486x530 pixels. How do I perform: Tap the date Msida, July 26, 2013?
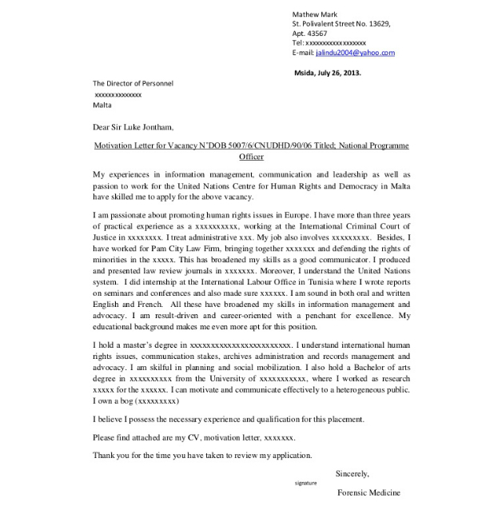click(x=329, y=73)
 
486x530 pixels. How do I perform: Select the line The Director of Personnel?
click(x=133, y=83)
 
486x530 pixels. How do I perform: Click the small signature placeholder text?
click(x=306, y=484)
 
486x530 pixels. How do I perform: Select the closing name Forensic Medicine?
click(x=368, y=493)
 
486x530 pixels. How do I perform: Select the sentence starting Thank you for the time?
click(x=202, y=455)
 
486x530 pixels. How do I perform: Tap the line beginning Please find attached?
click(x=194, y=437)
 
